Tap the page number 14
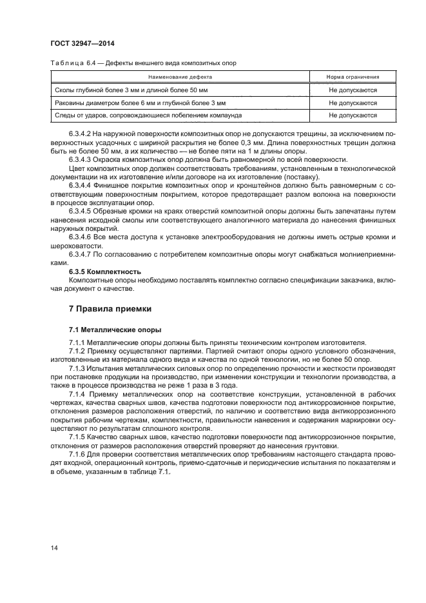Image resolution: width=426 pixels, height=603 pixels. (54, 548)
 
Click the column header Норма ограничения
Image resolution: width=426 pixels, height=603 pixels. (353, 77)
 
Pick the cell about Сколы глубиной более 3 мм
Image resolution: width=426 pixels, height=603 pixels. (131, 90)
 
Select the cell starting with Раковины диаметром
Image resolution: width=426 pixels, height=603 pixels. (140, 103)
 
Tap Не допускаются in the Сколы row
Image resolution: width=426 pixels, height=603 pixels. (353, 90)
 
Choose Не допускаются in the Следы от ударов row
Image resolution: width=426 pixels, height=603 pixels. (353, 115)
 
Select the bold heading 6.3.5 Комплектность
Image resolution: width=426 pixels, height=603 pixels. (104, 272)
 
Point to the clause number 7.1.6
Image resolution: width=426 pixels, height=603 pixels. (77, 455)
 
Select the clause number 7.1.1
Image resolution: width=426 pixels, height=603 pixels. (77, 342)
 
